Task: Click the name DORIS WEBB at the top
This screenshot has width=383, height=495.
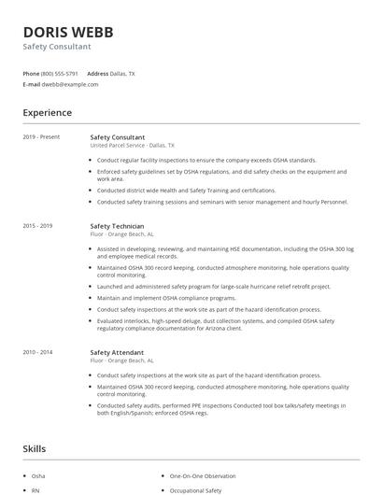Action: pyautogui.click(x=68, y=32)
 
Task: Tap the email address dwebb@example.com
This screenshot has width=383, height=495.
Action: pyautogui.click(x=70, y=84)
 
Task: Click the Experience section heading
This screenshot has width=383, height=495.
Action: pyautogui.click(x=47, y=113)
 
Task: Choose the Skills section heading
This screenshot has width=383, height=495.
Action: pyautogui.click(x=35, y=449)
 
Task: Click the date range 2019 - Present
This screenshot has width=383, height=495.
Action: pyautogui.click(x=41, y=137)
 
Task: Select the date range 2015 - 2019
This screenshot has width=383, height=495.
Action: pyautogui.click(x=38, y=226)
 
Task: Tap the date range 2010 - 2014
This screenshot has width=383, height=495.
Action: pyautogui.click(x=38, y=351)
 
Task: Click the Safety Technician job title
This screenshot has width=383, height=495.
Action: pyautogui.click(x=117, y=226)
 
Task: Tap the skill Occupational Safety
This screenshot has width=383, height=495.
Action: pyautogui.click(x=195, y=489)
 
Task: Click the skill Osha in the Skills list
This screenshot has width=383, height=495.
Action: pyautogui.click(x=38, y=476)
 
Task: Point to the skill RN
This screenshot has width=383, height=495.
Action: pyautogui.click(x=35, y=489)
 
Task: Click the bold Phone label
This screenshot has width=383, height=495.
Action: pyautogui.click(x=31, y=73)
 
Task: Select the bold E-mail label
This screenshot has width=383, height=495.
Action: pyautogui.click(x=31, y=84)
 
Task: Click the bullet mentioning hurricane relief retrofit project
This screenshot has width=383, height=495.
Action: pyautogui.click(x=214, y=286)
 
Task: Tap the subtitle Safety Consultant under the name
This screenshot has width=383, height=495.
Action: pyautogui.click(x=57, y=46)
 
